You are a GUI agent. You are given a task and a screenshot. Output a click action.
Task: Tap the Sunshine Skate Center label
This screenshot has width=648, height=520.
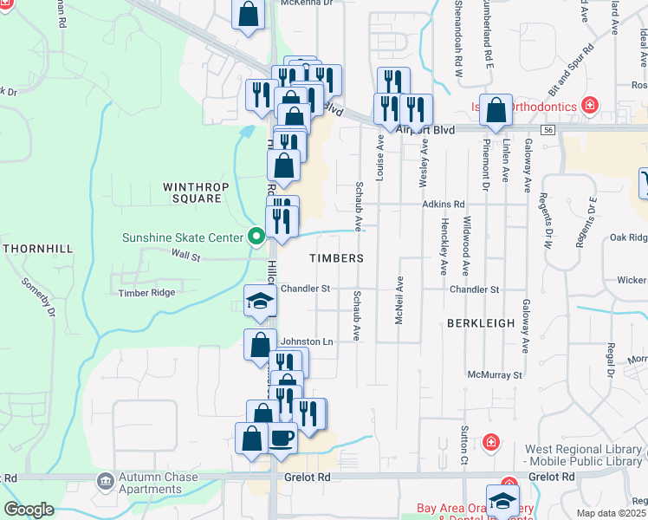coord(184,237)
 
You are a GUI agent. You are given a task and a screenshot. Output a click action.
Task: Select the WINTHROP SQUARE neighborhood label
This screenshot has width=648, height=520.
coord(191,192)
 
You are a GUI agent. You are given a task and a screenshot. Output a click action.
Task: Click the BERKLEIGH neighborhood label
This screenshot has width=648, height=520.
coord(481,322)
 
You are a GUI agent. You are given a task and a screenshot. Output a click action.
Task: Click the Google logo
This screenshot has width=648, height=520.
coord(29,510)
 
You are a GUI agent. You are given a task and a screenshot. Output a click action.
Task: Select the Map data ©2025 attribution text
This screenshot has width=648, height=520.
coord(612,513)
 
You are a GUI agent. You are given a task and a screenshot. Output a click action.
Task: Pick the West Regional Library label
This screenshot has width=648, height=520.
coord(586,457)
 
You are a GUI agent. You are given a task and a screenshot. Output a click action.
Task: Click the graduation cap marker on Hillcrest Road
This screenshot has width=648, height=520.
coord(260,300)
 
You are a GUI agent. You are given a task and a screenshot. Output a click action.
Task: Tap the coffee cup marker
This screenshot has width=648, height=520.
coord(281,438)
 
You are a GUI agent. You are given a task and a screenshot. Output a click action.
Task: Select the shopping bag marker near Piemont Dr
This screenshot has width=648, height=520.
coord(496,110)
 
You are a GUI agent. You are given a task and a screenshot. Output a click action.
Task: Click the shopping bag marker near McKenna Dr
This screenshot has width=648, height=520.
coord(248,14)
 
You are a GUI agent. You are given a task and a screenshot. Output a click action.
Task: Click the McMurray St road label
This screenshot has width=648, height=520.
coord(495,375)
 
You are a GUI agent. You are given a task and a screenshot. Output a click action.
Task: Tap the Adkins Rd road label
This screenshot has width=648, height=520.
coord(444,204)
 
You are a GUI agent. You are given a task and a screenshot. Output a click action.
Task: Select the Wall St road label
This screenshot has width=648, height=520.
coord(185,257)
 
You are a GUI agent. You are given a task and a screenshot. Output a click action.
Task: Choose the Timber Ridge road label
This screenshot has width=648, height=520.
coord(147,293)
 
